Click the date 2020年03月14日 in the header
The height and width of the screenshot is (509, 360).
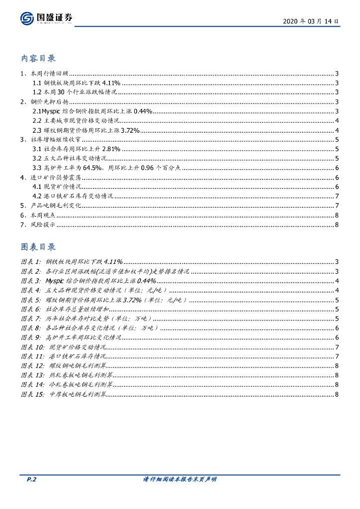[311, 22]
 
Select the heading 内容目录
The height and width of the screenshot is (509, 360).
[38, 59]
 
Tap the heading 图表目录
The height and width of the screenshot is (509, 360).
[38, 247]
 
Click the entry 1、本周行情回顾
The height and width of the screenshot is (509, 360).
[44, 74]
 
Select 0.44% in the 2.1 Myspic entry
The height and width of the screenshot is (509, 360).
[142, 111]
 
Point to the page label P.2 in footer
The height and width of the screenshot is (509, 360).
[31, 480]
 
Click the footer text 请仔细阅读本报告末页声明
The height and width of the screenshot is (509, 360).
[180, 480]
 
